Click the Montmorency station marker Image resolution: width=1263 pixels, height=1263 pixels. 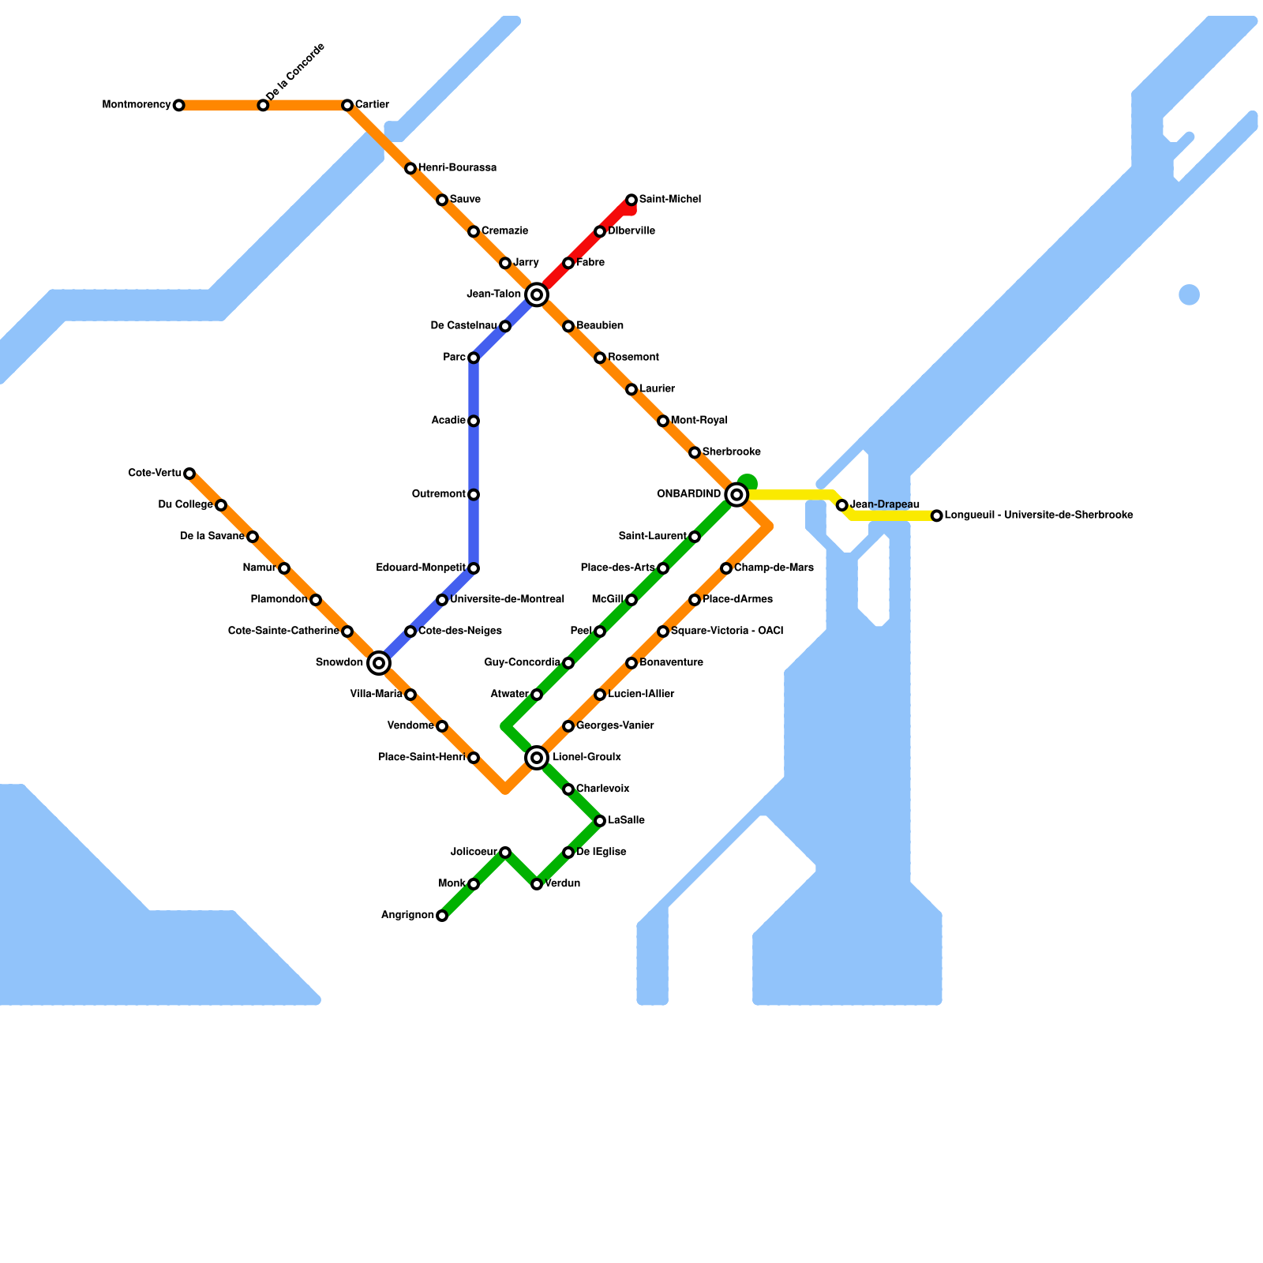[179, 105]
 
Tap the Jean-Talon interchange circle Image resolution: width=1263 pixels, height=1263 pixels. [537, 294]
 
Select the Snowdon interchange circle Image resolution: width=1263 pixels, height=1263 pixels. [379, 663]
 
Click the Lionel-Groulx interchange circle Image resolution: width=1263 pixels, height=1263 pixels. [537, 758]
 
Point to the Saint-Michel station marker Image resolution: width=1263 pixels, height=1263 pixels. [631, 200]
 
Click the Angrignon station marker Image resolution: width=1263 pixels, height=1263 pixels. [442, 916]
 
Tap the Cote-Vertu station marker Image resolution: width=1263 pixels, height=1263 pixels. [189, 474]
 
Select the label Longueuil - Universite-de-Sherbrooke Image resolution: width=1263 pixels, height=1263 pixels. [1039, 515]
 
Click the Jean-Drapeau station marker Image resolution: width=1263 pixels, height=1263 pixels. [842, 505]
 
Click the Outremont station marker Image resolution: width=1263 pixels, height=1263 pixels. [474, 495]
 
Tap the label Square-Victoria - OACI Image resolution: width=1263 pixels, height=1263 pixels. [727, 631]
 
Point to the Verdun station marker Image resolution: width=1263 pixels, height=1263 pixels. [537, 884]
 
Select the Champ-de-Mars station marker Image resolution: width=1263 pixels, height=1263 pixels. [726, 568]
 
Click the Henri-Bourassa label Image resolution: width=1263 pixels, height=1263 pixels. [457, 168]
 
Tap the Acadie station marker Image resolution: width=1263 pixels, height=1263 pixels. [474, 421]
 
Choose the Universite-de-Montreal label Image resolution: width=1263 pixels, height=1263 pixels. [507, 599]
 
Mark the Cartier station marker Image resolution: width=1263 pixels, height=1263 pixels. [347, 105]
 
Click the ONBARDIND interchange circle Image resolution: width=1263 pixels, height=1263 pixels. [736, 495]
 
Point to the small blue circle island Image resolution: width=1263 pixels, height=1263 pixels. [1189, 294]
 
